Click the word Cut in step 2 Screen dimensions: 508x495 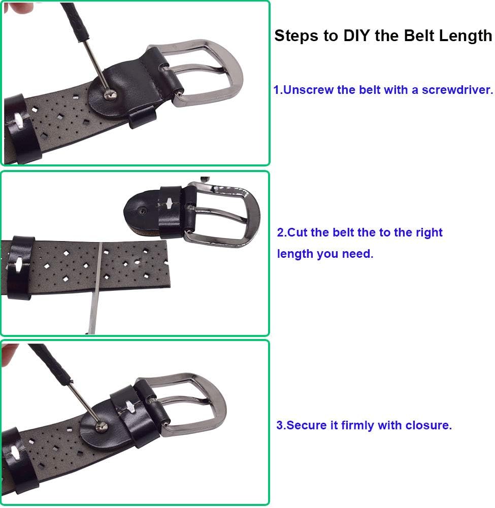298,232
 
